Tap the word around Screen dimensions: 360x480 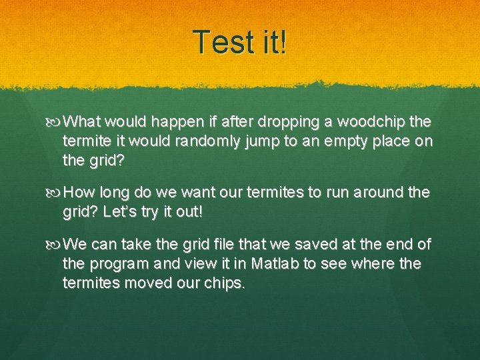click(379, 193)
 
